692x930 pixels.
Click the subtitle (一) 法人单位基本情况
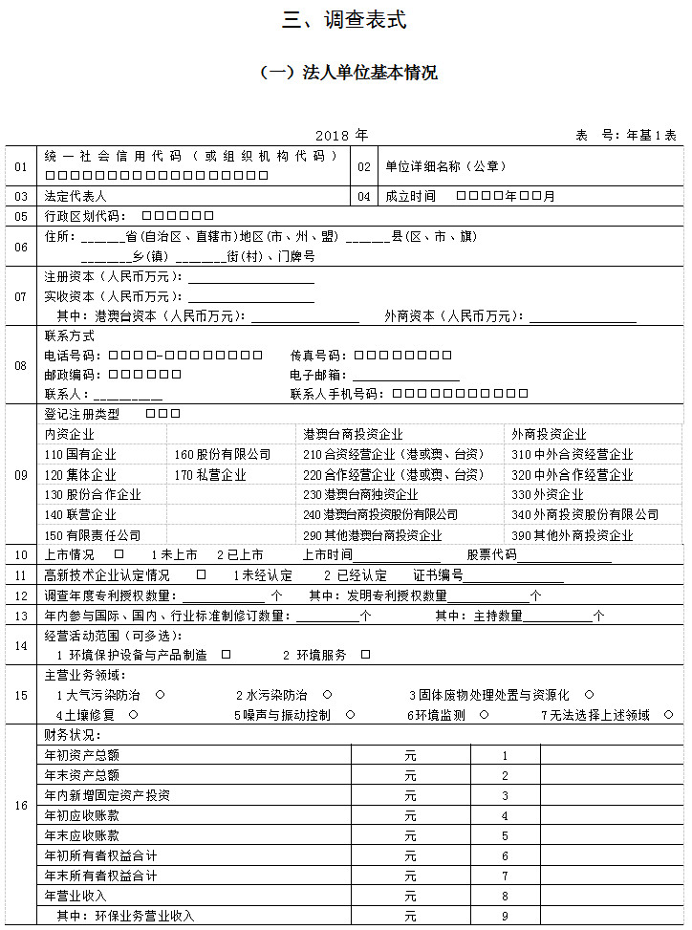coord(349,73)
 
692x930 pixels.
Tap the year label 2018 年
coord(341,135)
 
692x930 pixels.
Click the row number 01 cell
coord(21,166)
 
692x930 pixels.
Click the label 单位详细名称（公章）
coord(445,166)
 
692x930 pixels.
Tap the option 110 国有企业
coord(80,455)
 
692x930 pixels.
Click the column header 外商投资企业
coord(550,435)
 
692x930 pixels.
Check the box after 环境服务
coord(365,656)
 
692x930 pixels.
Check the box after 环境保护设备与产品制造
coord(227,656)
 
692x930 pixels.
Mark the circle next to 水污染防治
coord(327,695)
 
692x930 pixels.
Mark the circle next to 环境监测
coord(485,715)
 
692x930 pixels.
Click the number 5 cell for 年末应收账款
coord(505,835)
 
